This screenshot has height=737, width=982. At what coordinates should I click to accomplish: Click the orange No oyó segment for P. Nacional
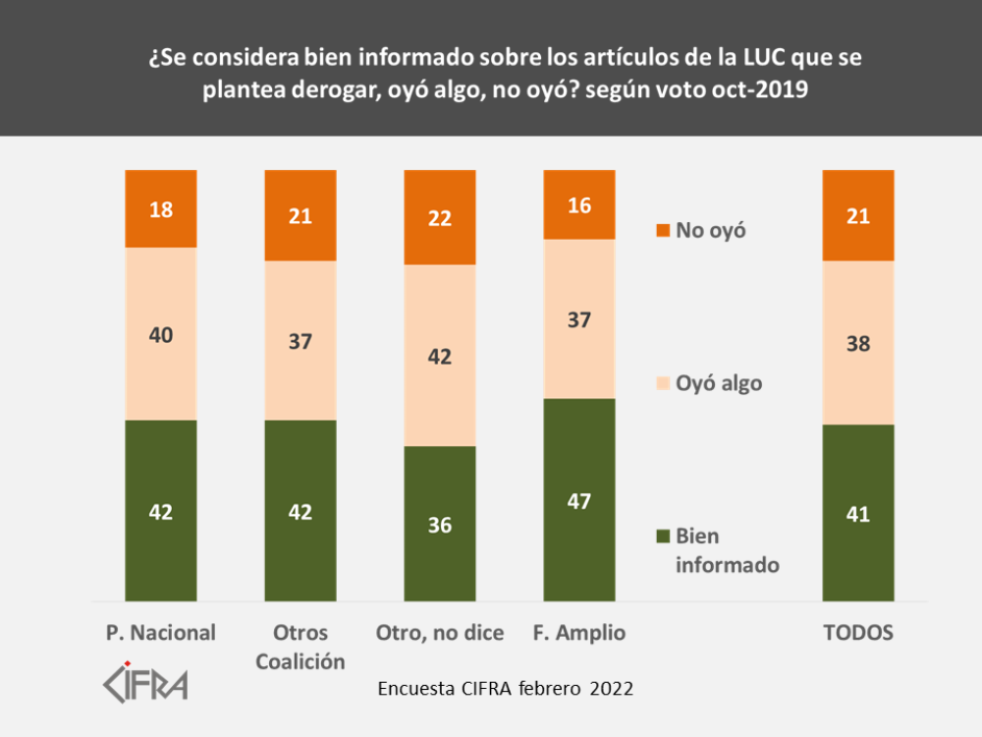(161, 208)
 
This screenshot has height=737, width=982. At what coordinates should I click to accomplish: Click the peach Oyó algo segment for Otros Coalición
(300, 340)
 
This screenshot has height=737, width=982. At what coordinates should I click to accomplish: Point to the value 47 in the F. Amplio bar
(579, 500)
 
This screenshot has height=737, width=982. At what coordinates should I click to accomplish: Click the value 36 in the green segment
(440, 525)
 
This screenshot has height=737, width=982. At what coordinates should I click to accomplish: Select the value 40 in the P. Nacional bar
(161, 335)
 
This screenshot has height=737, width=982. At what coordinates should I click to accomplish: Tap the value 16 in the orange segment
(579, 205)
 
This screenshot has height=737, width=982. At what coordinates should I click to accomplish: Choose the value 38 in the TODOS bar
(858, 344)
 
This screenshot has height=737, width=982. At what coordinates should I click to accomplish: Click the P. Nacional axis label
(160, 633)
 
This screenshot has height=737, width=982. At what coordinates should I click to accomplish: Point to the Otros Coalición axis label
(300, 647)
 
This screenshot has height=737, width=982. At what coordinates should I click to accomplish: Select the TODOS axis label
(858, 633)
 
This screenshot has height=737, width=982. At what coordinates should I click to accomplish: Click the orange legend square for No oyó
(662, 231)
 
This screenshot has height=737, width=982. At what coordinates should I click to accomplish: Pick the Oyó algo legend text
(719, 383)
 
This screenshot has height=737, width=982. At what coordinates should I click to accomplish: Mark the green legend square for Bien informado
(662, 537)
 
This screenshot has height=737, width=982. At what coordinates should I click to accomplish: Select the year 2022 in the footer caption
(612, 689)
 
